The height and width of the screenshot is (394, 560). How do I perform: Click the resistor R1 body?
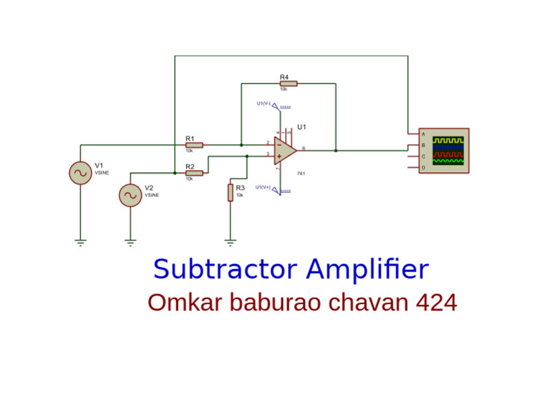tap(194, 145)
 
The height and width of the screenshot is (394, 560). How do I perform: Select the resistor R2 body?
tap(194, 173)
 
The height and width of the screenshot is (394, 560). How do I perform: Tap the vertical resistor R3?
tap(230, 193)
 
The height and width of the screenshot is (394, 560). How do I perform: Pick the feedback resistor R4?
tap(288, 84)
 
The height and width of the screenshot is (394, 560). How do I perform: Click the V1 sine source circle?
tap(80, 173)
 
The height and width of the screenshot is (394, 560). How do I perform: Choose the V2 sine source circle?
tap(130, 195)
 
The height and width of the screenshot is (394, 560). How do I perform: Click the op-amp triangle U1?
tap(285, 151)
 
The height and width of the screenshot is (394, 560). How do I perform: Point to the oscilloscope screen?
tap(448, 150)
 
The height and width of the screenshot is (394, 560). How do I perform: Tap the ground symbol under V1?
tap(80, 241)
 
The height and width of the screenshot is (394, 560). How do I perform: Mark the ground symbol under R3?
tap(230, 241)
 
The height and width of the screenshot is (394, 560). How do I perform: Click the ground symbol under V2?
tap(130, 241)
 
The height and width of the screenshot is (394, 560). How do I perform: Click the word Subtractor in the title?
tap(225, 269)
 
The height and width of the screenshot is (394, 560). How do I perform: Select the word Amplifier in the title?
tap(367, 269)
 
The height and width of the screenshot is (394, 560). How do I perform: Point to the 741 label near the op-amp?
tap(300, 174)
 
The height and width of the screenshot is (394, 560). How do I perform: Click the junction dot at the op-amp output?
tap(335, 151)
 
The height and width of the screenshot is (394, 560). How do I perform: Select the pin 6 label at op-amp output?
tap(303, 148)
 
